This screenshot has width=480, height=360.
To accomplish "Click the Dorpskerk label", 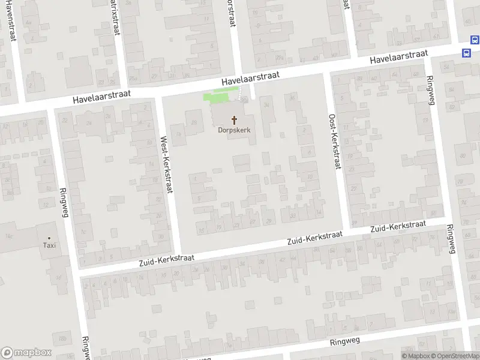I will click(x=234, y=130).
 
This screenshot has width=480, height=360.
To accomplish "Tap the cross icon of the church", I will click(x=234, y=120).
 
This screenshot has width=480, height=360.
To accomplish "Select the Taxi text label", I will click(x=49, y=245).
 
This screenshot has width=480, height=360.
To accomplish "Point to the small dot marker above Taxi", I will click(x=49, y=237).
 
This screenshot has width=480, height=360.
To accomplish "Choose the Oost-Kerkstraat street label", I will click(x=334, y=142).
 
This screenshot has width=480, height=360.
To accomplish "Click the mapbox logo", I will click(x=26, y=353).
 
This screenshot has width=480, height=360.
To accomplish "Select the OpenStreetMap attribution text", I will click(x=455, y=356).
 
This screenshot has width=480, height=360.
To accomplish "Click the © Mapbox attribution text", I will click(x=415, y=356).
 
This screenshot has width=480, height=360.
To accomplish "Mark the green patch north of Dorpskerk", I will click(x=220, y=95).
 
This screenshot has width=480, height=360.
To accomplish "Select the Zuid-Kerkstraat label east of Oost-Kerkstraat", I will click(x=398, y=227).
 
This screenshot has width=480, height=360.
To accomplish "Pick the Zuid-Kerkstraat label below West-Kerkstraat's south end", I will click(x=167, y=260).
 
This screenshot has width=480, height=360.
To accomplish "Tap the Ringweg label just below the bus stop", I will click(x=430, y=91).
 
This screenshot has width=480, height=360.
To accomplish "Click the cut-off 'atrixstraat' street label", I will click(x=114, y=17).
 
